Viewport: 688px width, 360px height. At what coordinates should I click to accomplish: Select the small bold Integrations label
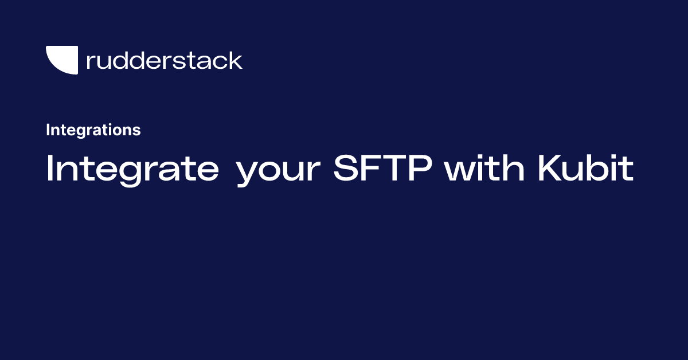(x=93, y=130)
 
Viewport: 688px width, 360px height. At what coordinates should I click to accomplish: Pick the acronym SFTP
(x=383, y=168)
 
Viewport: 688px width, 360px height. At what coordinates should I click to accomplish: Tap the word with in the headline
(x=484, y=168)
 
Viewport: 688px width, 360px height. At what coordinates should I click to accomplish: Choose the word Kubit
(x=586, y=168)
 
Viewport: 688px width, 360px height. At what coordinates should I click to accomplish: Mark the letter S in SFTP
(x=347, y=168)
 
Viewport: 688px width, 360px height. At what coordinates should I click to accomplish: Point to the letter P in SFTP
(x=420, y=168)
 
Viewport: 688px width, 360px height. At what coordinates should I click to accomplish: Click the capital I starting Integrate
(x=49, y=168)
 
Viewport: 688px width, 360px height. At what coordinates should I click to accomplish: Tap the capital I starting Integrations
(x=48, y=130)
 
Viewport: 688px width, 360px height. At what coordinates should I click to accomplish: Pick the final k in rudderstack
(x=235, y=60)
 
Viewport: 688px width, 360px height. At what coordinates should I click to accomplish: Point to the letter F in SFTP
(x=372, y=168)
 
